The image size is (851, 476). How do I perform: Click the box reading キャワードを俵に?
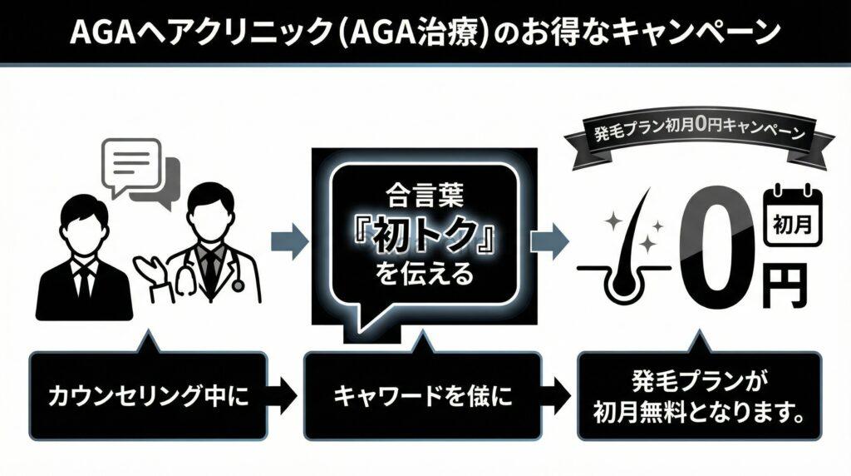pos(421,396)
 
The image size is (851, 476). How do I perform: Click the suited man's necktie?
pos(84,279)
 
